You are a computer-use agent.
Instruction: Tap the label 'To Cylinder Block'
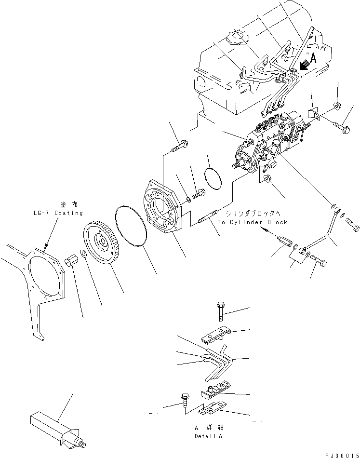pyautogui.click(x=252, y=222)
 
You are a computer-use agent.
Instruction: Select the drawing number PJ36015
pyautogui.click(x=340, y=453)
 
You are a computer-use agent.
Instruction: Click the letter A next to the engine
pyautogui.click(x=313, y=59)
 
